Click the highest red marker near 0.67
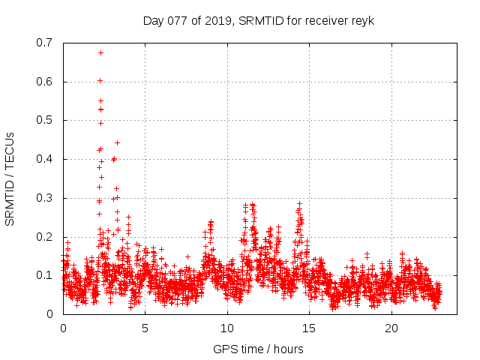[100, 52]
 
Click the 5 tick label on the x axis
[145, 328]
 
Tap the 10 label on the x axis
[227, 328]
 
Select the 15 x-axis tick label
[309, 328]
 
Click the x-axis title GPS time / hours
[258, 349]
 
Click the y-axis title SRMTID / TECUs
[10, 178]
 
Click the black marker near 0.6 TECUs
[100, 80]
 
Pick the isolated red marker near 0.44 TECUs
[117, 142]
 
